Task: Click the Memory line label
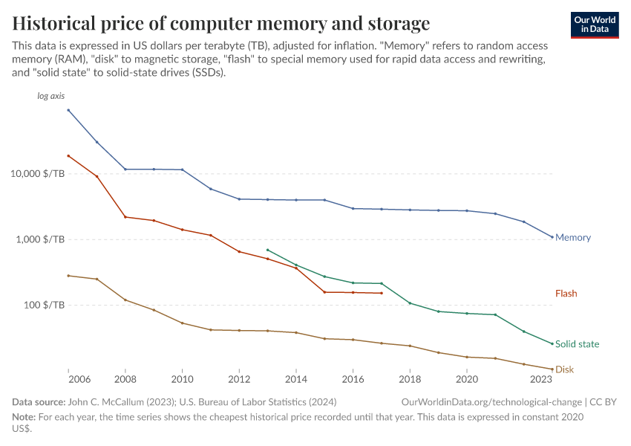pyautogui.click(x=573, y=238)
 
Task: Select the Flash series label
pyautogui.click(x=566, y=294)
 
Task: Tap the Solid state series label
pyautogui.click(x=577, y=344)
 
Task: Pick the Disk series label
pyautogui.click(x=564, y=369)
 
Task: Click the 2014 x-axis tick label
pyautogui.click(x=295, y=379)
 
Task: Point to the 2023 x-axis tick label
pyautogui.click(x=541, y=379)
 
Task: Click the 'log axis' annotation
pyautogui.click(x=51, y=97)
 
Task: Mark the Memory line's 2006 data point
pyautogui.click(x=68, y=110)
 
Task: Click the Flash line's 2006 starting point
pyautogui.click(x=68, y=156)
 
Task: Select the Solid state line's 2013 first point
pyautogui.click(x=267, y=250)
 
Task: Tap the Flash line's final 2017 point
pyautogui.click(x=381, y=293)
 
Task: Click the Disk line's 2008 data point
pyautogui.click(x=125, y=300)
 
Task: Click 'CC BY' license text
pyautogui.click(x=604, y=401)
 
